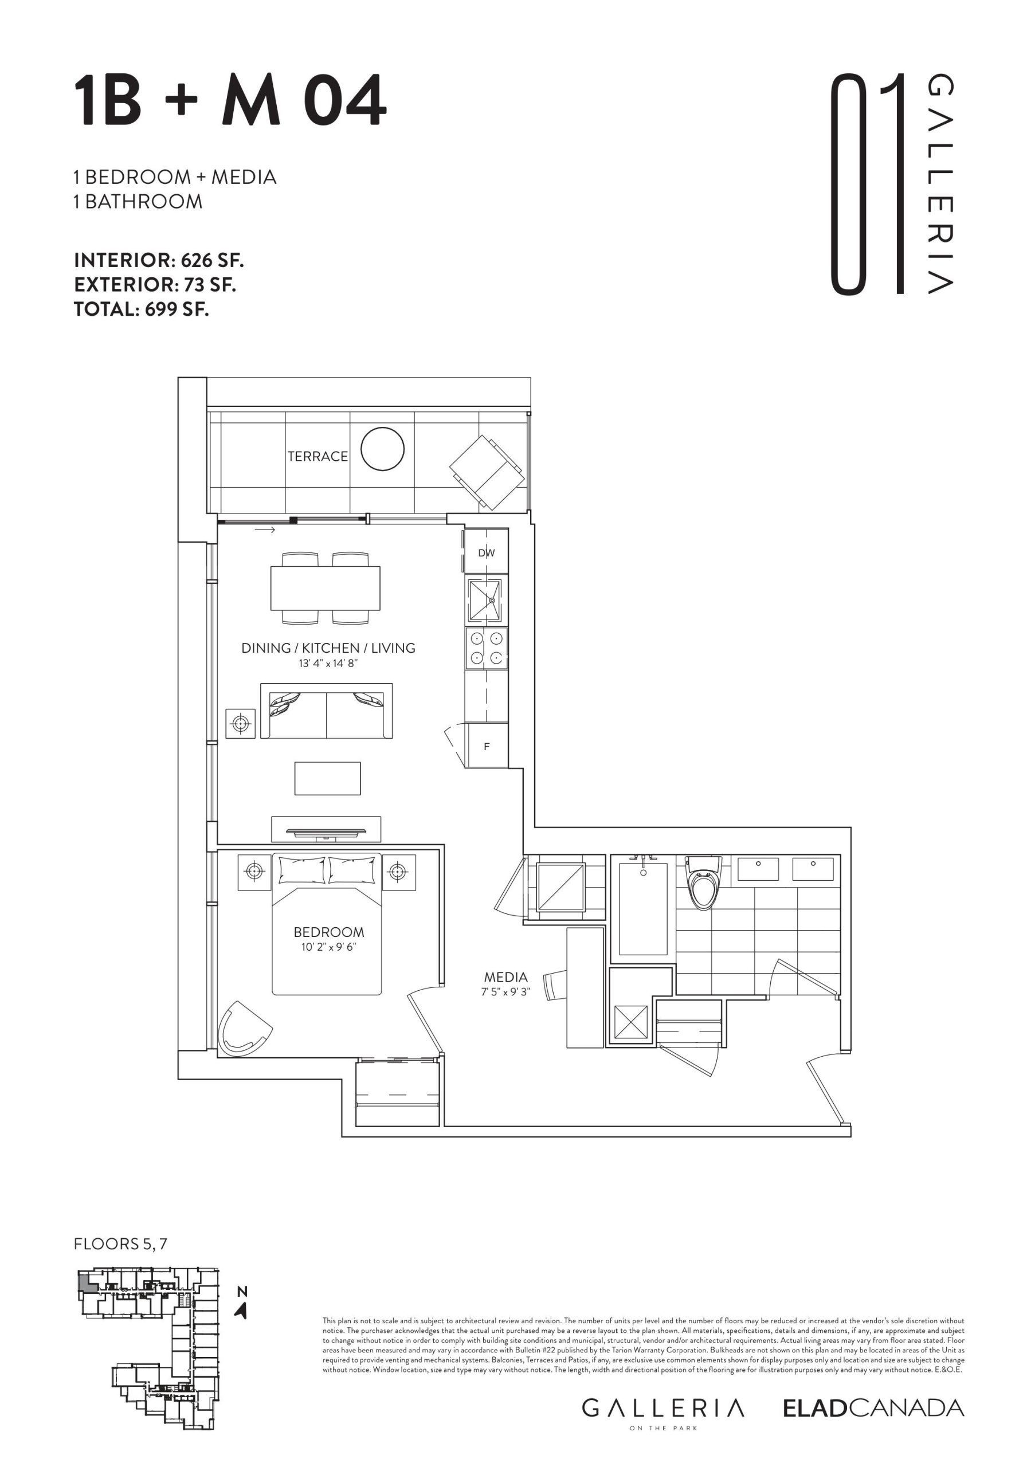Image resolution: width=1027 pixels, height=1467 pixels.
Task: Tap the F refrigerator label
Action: point(487,746)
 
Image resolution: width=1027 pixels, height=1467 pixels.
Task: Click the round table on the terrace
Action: point(382,449)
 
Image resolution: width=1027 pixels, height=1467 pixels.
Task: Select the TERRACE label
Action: point(317,456)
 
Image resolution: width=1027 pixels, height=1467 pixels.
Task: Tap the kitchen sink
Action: point(485,600)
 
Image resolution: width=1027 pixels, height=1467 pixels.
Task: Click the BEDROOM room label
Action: point(328,932)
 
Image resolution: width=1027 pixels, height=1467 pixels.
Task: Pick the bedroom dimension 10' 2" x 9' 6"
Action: point(328,947)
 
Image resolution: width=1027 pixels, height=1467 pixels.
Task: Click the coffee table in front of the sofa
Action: point(327,778)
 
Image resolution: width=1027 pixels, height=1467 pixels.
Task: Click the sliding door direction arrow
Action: point(265,529)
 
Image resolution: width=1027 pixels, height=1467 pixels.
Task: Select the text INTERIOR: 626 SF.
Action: point(159,261)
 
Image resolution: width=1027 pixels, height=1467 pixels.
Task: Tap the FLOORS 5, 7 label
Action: point(121,1244)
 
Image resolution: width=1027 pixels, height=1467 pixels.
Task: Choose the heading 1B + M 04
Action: point(230,101)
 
